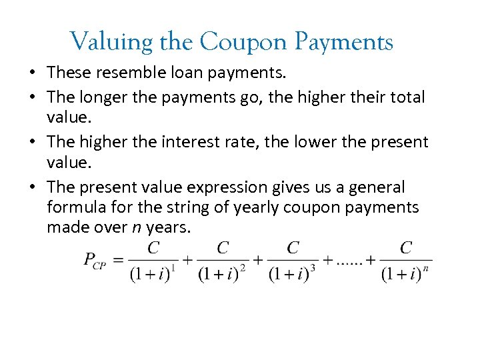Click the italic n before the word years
[x=136, y=227]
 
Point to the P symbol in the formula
[x=90, y=259]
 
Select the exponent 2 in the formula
[x=243, y=267]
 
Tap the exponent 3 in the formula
[x=313, y=267]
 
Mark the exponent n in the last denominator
[x=426, y=267]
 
